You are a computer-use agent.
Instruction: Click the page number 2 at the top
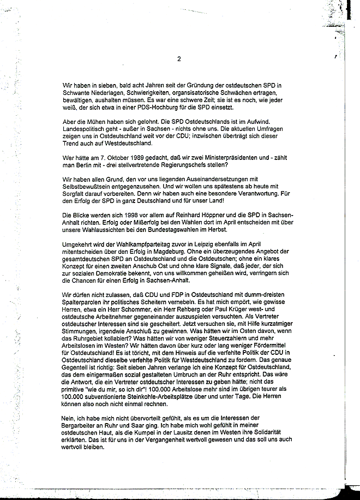coord(178,59)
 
